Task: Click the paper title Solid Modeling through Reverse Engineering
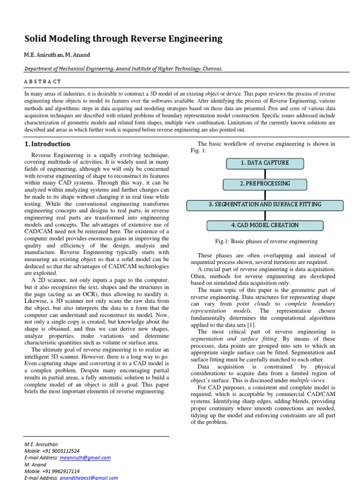click(123, 39)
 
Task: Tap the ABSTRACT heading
click(43, 82)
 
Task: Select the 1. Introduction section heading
click(47, 144)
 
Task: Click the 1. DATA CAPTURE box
click(265, 163)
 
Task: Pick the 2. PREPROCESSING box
click(265, 184)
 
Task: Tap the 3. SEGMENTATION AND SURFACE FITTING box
click(265, 205)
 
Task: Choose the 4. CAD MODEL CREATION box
click(265, 225)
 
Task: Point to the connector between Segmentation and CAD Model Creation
click(265, 215)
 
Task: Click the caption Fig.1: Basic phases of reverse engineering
click(266, 242)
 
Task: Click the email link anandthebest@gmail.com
click(89, 478)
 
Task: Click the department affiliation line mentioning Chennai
click(123, 68)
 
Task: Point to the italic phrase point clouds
click(253, 304)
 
